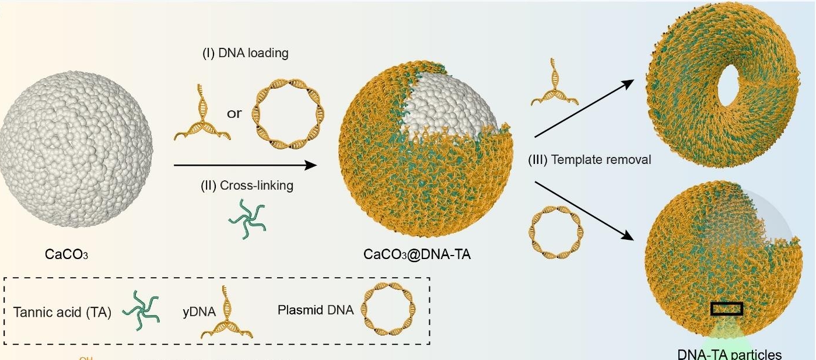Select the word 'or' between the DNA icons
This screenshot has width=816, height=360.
coord(234,114)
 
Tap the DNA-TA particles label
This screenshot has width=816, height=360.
coord(729,354)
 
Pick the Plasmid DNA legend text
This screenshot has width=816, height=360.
coord(316,310)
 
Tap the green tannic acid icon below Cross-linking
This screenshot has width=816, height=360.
coord(247,217)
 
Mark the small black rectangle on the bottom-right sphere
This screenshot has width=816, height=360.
coord(727,309)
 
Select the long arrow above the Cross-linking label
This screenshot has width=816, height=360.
coord(246,166)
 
